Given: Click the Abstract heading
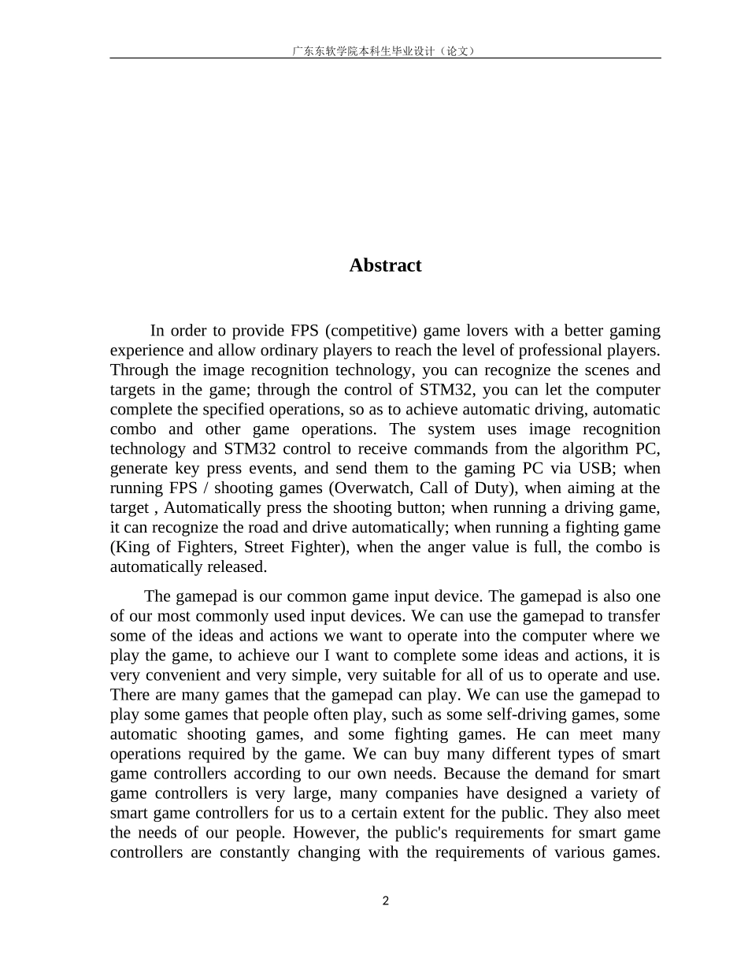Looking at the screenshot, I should coord(385,265).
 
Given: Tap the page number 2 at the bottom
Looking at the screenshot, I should coord(385,901).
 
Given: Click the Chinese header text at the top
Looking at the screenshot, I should coord(385,50).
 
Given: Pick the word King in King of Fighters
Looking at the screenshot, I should coord(130,548).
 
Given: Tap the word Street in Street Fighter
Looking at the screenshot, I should coord(268,548).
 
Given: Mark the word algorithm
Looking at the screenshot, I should coord(594,449).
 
